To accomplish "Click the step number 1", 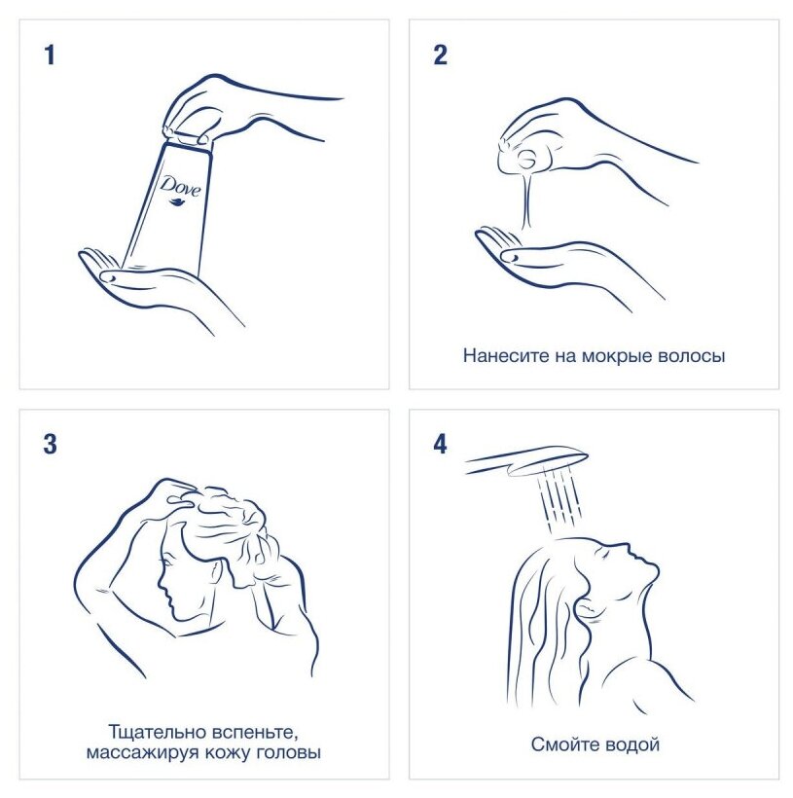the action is click(x=50, y=54).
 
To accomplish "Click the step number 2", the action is click(x=440, y=54).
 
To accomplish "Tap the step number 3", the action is click(x=50, y=444).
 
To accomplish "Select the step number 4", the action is click(x=440, y=444).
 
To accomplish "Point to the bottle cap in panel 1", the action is click(x=188, y=140).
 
